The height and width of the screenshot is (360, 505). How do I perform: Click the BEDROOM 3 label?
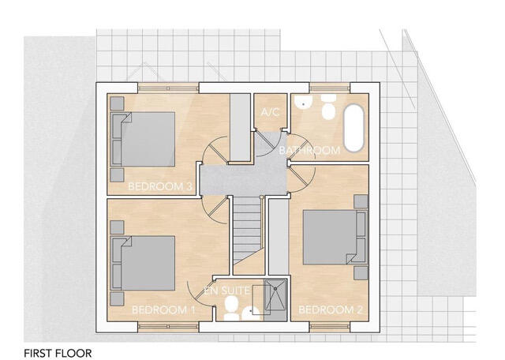point(160,187)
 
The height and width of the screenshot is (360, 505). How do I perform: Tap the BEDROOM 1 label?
point(163,309)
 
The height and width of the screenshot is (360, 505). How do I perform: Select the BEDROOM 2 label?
point(331,309)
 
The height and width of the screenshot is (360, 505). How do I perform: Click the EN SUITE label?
point(227,291)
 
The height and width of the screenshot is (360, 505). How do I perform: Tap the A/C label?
point(271,113)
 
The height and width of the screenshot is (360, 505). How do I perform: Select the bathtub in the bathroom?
point(353,128)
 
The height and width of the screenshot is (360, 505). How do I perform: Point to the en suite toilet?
point(230,313)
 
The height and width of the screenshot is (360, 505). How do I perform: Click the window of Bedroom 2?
point(331,324)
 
